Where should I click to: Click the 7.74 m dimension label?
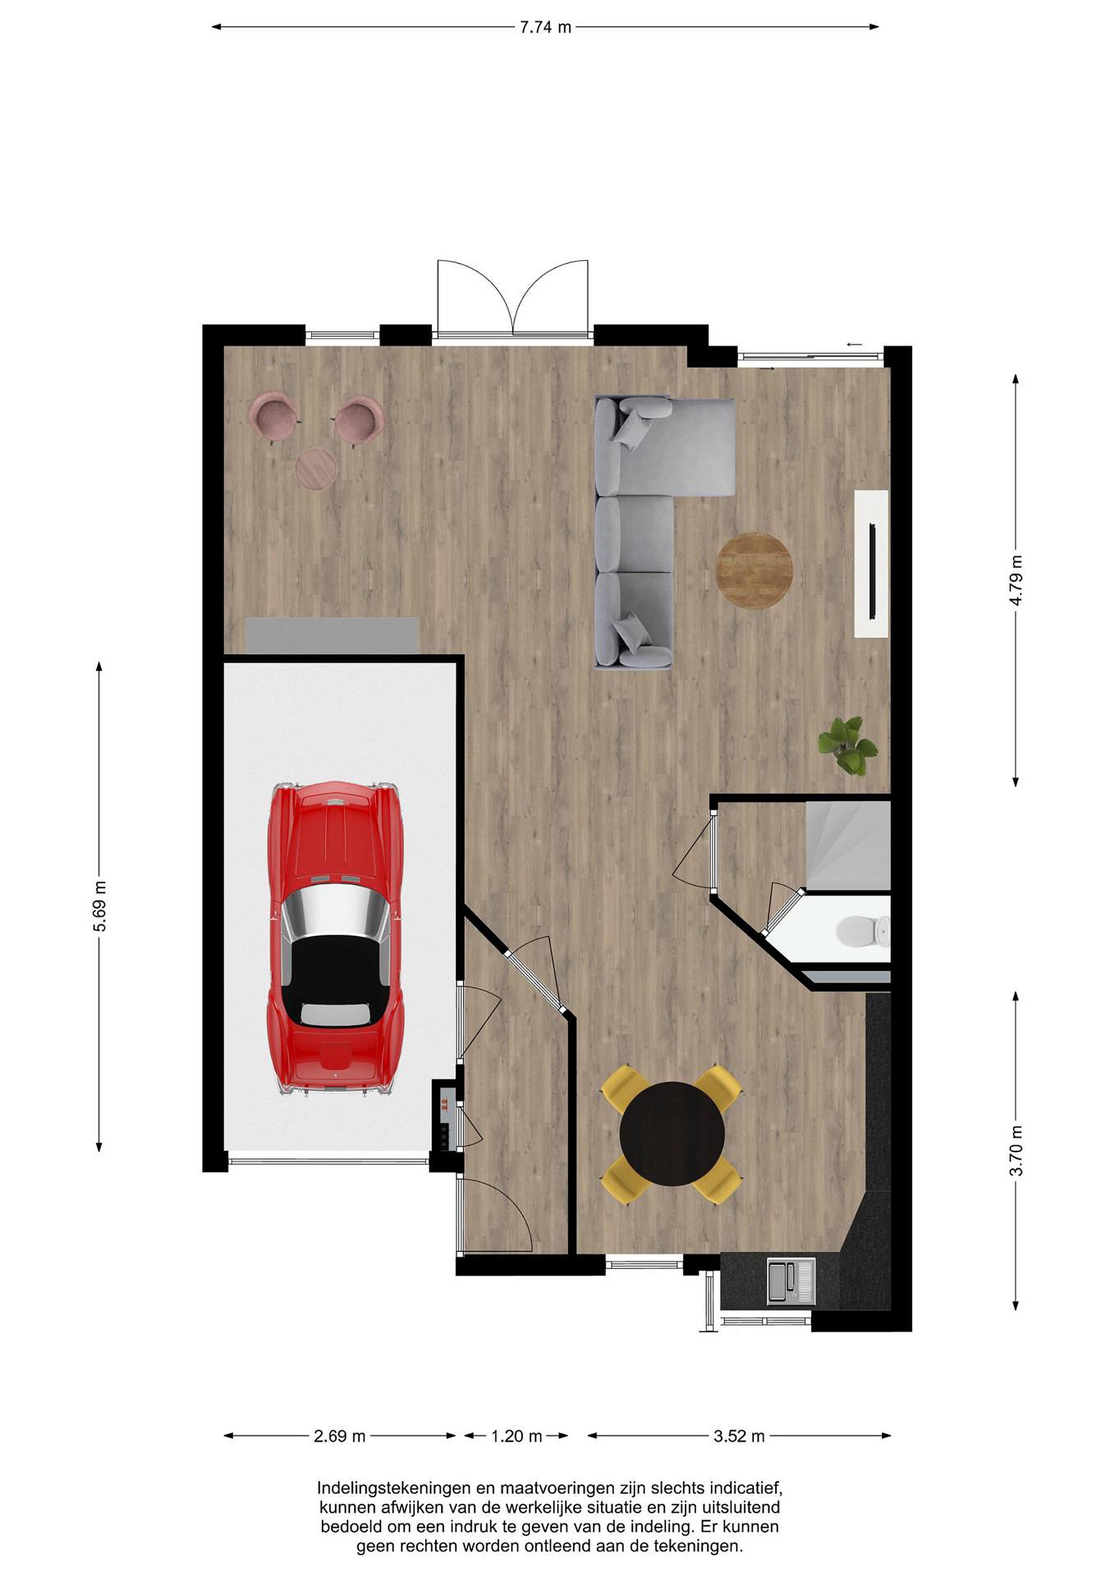[x=545, y=27]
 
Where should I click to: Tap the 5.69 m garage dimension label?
[x=100, y=915]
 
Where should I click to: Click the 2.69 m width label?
[x=340, y=1436]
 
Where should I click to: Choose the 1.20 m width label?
[x=517, y=1436]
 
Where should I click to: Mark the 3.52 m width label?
[x=739, y=1436]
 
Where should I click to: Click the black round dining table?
[x=672, y=1133]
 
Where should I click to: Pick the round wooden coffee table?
[x=754, y=570]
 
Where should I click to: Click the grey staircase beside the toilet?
[x=848, y=845]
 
